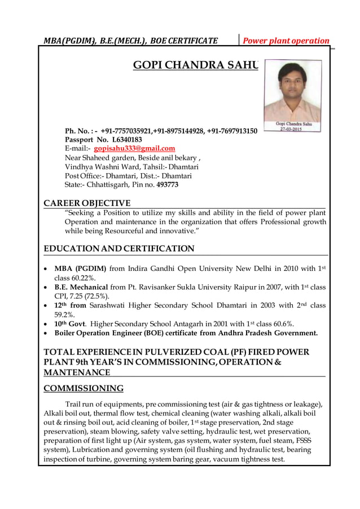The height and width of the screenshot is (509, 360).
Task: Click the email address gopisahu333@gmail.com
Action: (134, 148)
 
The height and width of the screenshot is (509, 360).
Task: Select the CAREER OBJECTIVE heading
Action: (87, 203)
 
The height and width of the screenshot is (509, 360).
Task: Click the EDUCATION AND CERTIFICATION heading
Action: (118, 249)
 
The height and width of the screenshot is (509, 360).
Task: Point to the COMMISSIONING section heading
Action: (84, 388)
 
